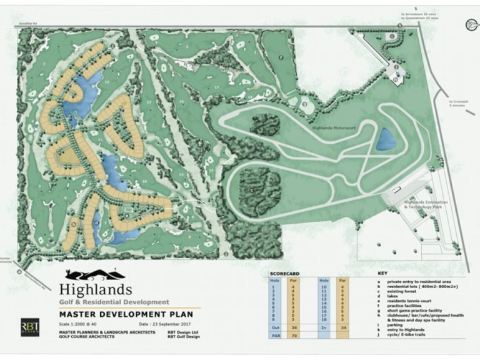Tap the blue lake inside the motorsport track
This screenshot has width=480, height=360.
[x=386, y=139]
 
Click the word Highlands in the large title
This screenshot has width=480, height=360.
[x=96, y=289]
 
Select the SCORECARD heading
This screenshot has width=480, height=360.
[x=283, y=274]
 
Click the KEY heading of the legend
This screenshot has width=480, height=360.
[x=382, y=274]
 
